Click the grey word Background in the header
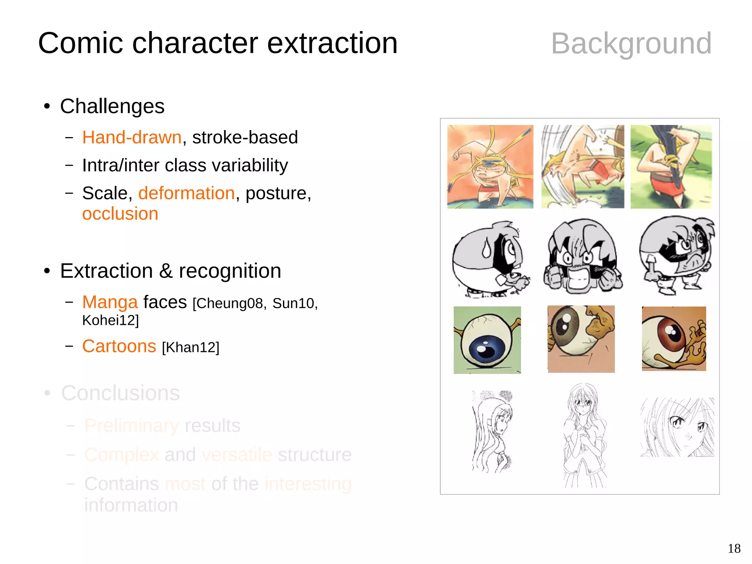[631, 44]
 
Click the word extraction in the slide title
[332, 43]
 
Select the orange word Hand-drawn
[132, 137]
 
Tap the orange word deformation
[187, 193]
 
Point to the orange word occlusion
[120, 214]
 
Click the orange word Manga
[110, 302]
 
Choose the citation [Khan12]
[191, 347]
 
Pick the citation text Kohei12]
[111, 320]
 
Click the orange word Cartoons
[119, 346]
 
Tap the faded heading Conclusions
[120, 393]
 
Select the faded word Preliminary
[131, 426]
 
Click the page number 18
[734, 549]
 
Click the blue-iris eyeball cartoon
[487, 340]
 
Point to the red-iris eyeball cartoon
[673, 338]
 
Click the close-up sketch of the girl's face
[677, 427]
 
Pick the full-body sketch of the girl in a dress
[584, 435]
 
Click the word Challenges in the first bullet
[112, 107]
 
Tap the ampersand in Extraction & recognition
[166, 271]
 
